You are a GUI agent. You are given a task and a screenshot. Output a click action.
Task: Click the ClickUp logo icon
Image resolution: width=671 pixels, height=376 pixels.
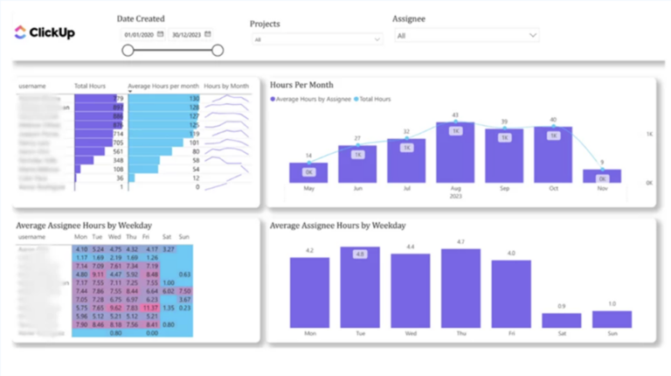20,32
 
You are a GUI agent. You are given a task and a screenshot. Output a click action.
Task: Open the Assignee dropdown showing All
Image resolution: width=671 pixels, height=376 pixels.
467,36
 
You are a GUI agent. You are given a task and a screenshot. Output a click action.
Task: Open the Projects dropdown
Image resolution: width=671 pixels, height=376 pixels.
315,39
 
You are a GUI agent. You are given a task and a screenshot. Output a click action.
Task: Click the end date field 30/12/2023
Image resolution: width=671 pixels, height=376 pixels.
187,35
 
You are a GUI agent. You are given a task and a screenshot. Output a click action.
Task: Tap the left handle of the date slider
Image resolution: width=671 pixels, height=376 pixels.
128,50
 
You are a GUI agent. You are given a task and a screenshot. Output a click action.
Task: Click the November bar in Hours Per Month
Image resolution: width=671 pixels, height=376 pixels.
602,176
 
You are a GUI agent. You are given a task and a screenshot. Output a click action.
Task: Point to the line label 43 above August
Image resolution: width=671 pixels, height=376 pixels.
455,115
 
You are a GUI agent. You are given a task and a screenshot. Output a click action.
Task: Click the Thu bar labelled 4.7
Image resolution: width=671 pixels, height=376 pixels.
460,288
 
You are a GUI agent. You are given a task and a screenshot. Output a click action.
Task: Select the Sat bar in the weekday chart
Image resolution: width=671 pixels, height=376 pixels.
561,320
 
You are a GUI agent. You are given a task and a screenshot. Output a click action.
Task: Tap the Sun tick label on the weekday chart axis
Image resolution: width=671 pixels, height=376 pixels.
611,333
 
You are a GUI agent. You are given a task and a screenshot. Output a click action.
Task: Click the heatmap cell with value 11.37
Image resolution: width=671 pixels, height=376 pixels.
150,308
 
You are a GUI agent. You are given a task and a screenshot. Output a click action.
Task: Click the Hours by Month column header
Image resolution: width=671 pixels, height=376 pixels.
226,87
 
